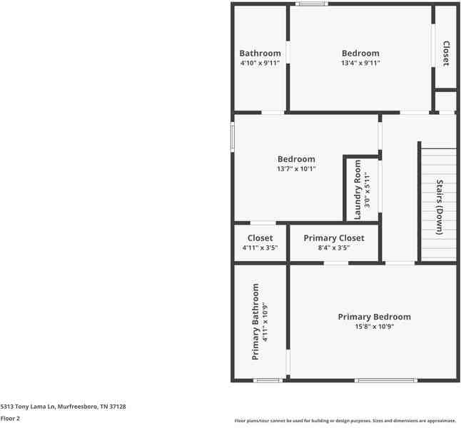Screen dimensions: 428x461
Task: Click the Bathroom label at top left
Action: pos(260,53)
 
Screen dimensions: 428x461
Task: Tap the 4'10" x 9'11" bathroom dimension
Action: pos(260,63)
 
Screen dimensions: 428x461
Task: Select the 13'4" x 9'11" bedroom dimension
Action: pos(360,63)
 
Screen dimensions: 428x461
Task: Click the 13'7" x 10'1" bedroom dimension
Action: pos(296,169)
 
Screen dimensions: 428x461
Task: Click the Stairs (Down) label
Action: pos(440,206)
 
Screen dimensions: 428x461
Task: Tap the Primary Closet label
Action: pos(334,238)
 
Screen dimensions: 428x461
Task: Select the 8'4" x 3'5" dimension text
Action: pos(334,248)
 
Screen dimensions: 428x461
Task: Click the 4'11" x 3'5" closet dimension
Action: pos(260,248)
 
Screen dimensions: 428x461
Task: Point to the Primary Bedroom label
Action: pos(375,317)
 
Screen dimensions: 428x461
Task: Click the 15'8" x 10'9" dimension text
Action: pos(375,327)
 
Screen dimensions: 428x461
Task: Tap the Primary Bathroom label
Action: pos(255,321)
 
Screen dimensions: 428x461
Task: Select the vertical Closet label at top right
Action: pos(446,53)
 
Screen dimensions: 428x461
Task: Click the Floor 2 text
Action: pos(11,419)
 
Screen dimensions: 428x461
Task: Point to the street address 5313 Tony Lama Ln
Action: pos(63,407)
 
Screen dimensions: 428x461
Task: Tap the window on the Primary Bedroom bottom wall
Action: pos(386,380)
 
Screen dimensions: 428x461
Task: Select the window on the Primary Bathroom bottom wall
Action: pos(268,380)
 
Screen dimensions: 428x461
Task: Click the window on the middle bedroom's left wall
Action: pos(233,137)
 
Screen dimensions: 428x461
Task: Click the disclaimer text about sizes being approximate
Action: pos(345,421)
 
